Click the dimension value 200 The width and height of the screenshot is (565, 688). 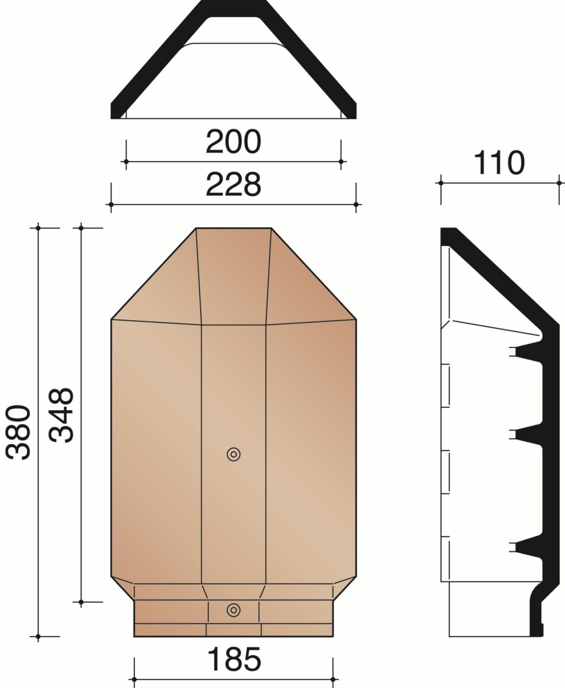[234, 142]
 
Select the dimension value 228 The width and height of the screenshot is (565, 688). [234, 185]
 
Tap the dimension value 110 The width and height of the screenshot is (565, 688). [499, 163]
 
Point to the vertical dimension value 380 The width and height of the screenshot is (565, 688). [18, 433]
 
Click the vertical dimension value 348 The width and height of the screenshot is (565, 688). [61, 415]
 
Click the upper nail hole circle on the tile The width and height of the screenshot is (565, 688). [234, 454]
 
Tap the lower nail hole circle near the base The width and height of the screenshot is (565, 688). [234, 610]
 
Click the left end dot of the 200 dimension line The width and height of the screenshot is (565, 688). [126, 162]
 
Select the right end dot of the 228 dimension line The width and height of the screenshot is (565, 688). [356, 204]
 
